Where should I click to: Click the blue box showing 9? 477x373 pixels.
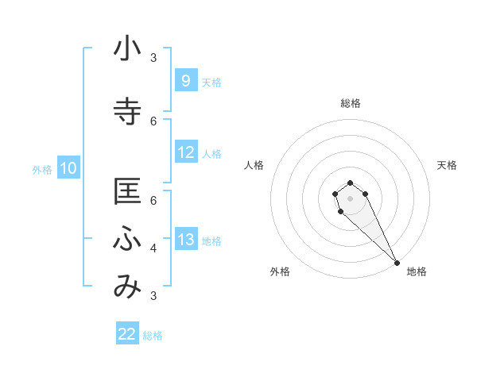tap(185, 81)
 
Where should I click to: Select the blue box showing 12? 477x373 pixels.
tap(185, 152)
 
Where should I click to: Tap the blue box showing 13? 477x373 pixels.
tap(185, 240)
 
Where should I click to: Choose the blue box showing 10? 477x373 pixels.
tap(68, 168)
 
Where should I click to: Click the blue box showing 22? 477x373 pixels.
tap(127, 334)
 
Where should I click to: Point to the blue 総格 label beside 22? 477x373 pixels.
tap(153, 335)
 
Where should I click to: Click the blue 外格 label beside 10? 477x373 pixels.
tap(41, 169)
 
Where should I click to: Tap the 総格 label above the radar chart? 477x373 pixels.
tap(350, 103)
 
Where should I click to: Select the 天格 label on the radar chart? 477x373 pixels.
tap(447, 165)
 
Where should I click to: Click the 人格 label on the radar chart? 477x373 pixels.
tap(254, 165)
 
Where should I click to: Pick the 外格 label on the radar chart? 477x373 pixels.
tap(280, 271)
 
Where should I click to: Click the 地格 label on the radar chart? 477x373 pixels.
tap(417, 271)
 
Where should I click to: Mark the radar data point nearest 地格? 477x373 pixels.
tap(397, 263)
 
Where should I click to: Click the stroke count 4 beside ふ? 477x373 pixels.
tap(153, 248)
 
